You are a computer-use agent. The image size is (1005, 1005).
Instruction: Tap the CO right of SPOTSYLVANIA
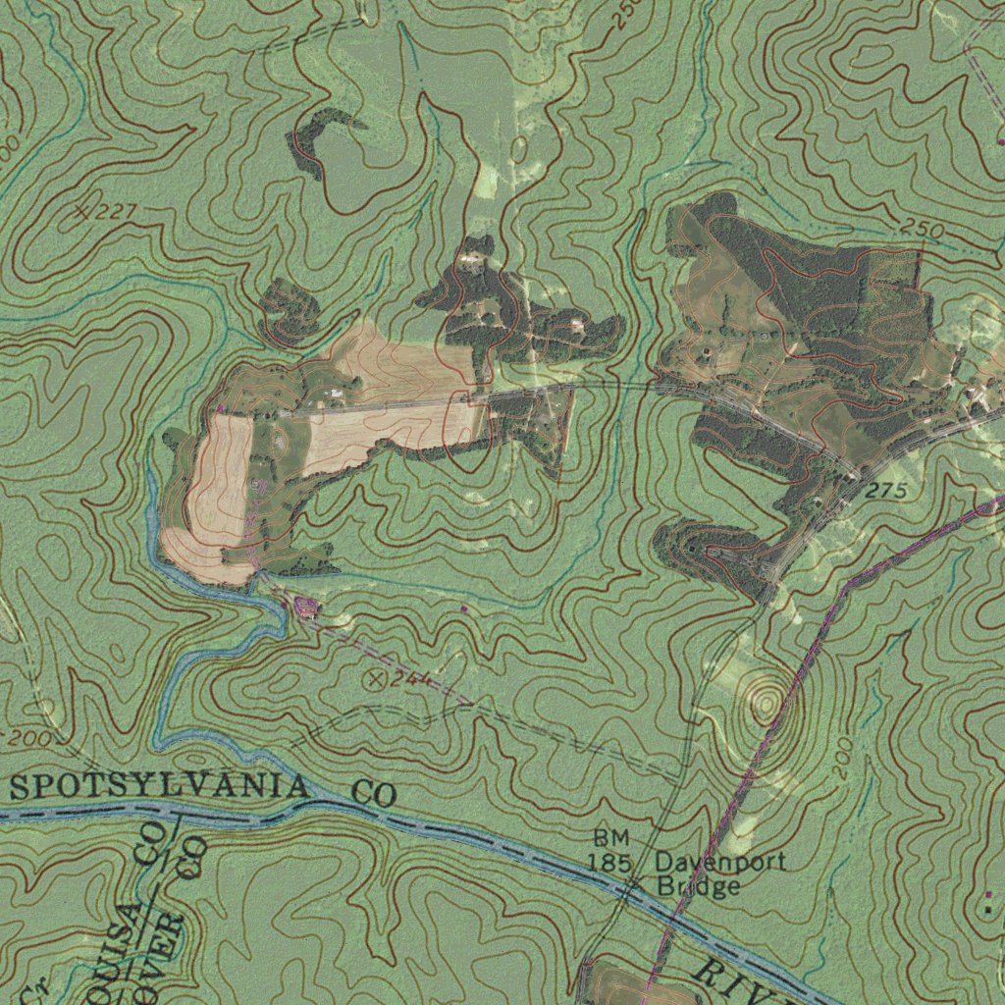[x=372, y=793]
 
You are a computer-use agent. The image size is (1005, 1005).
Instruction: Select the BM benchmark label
[x=611, y=838]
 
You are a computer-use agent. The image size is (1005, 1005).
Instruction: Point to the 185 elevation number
[x=608, y=862]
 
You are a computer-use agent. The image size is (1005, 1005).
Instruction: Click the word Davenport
[x=720, y=863]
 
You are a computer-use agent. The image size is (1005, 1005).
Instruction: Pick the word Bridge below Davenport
[x=699, y=887]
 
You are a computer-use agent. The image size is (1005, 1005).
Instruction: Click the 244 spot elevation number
[x=411, y=678]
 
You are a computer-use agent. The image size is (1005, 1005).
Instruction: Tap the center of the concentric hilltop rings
[x=765, y=703]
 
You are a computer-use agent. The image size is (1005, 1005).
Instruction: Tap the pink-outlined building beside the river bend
[x=305, y=608]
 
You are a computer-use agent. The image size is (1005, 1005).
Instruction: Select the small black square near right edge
[x=987, y=910]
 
